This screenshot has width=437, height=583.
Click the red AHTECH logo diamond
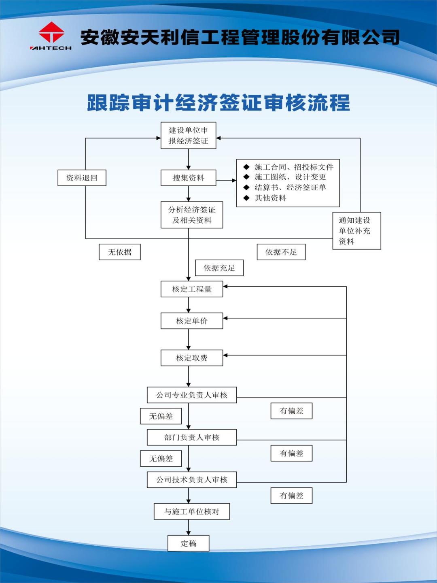click(x=51, y=32)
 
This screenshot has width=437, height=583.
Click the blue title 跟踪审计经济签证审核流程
click(x=218, y=103)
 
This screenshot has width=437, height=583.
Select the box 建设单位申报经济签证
click(x=188, y=136)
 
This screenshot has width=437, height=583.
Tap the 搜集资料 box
click(x=188, y=178)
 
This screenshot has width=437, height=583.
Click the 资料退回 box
click(x=82, y=178)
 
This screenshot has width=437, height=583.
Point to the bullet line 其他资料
click(x=270, y=198)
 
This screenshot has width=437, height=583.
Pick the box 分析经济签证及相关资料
click(x=192, y=215)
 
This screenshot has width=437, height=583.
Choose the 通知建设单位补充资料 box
click(x=356, y=231)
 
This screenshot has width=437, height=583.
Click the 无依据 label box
click(x=120, y=252)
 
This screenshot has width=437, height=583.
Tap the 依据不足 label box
click(x=281, y=252)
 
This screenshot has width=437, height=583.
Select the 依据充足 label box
click(x=219, y=268)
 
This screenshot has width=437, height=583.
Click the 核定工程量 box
click(x=192, y=289)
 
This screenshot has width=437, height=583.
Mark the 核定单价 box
click(x=192, y=321)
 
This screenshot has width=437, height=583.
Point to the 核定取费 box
click(x=192, y=358)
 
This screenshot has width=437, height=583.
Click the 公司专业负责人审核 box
click(x=192, y=395)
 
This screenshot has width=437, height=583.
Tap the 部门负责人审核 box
click(x=192, y=437)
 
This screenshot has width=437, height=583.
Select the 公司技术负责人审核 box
click(x=192, y=480)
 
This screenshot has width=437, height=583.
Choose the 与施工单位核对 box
click(x=192, y=512)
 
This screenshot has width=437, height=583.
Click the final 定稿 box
click(x=189, y=543)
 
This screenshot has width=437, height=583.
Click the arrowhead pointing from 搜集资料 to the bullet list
click(x=234, y=180)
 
